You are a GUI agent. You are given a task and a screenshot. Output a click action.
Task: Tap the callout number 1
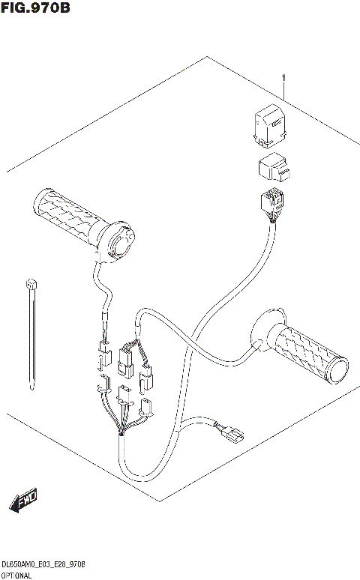point(284,78)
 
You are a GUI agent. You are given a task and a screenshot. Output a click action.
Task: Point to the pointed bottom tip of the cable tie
point(32,387)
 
